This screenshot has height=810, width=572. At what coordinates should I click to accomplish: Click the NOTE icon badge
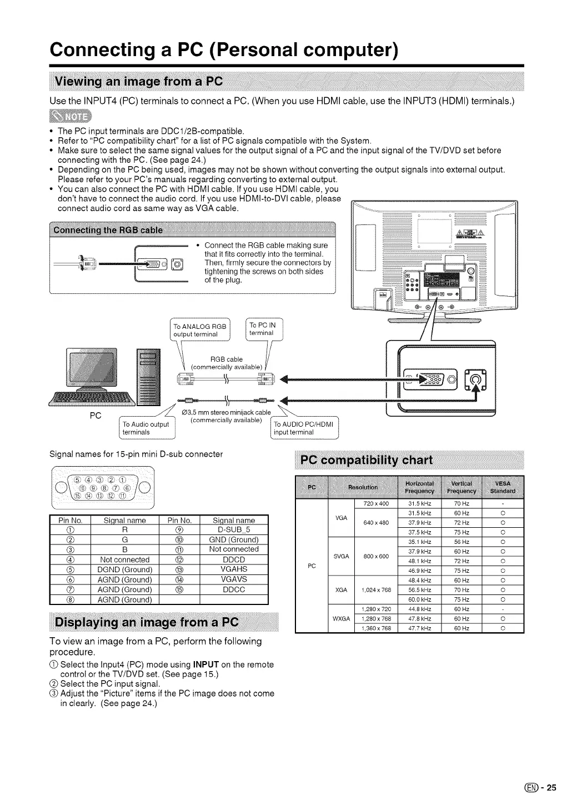[72, 117]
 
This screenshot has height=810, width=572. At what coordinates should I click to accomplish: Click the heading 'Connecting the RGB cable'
[107, 230]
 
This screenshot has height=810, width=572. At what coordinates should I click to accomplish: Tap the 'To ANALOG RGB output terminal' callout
[200, 330]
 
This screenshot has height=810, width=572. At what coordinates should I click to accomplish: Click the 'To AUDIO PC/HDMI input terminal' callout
[303, 428]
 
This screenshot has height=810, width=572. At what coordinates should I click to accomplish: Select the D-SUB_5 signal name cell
[233, 529]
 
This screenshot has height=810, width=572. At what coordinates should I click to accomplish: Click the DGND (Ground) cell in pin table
[124, 569]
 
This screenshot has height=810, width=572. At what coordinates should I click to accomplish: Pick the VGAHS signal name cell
[233, 569]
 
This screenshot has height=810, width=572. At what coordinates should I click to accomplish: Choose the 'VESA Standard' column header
[503, 487]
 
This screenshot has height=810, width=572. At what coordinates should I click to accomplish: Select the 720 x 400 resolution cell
[375, 504]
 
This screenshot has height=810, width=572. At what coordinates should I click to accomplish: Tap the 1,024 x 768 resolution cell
[375, 590]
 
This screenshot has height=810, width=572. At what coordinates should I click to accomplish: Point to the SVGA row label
[340, 556]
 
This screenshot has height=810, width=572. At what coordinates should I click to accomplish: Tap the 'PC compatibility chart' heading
[367, 461]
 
